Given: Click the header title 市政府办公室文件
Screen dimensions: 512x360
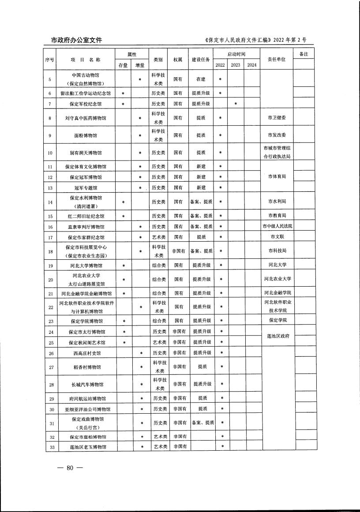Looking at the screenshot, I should click(x=73, y=40).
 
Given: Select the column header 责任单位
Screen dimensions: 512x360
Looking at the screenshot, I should click(x=277, y=59).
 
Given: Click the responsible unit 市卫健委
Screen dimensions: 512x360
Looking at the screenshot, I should click(x=277, y=118).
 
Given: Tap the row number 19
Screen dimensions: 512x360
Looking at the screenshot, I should click(x=50, y=266).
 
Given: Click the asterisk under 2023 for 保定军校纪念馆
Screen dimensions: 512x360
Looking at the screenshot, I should click(x=236, y=104).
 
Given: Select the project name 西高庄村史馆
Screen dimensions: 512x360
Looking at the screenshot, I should click(x=87, y=353).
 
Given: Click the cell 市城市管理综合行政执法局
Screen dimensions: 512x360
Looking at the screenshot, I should click(x=277, y=152).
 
